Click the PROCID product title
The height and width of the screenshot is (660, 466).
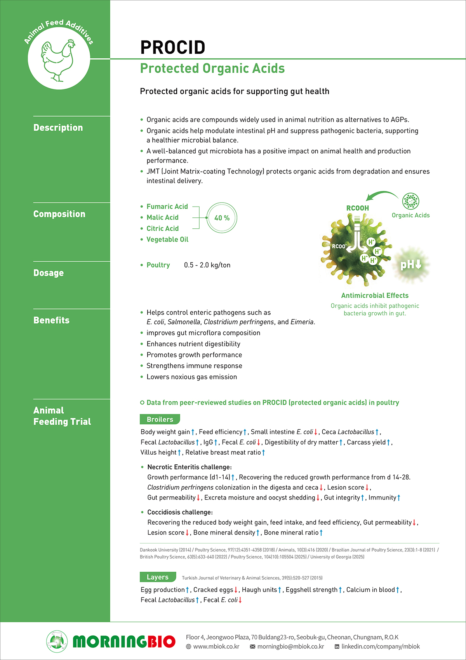[173, 47]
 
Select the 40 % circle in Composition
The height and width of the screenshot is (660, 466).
[222, 218]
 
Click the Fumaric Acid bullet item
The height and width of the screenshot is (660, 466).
[167, 207]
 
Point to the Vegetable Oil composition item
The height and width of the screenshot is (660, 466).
[167, 240]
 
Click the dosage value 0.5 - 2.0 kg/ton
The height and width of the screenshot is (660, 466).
[207, 265]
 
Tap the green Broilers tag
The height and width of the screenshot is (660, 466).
[160, 419]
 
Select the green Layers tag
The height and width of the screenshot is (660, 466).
[158, 577]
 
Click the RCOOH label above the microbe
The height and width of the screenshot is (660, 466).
[358, 208]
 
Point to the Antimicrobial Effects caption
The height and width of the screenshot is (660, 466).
[375, 296]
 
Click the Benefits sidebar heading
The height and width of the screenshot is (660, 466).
[51, 320]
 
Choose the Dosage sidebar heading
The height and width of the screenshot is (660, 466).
[49, 273]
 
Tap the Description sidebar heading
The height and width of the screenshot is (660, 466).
[58, 128]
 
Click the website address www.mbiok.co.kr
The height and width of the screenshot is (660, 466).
[216, 646]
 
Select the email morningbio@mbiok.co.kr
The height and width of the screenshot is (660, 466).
[290, 646]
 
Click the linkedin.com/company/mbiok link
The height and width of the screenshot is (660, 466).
[381, 646]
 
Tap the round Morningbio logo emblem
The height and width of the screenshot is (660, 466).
[57, 641]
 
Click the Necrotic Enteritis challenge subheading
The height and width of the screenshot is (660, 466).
[190, 467]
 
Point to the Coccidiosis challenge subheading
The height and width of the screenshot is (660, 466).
[180, 512]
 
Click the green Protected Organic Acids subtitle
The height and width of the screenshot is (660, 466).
[212, 68]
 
